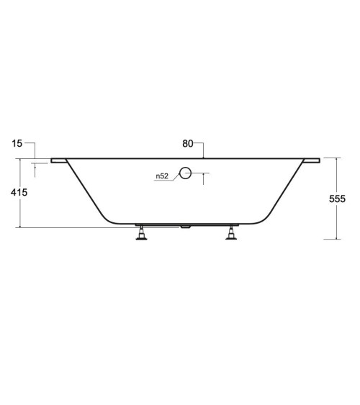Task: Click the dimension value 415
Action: click(x=19, y=192)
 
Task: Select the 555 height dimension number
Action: click(x=337, y=199)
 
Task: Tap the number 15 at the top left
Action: click(x=17, y=144)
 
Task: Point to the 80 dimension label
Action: click(x=188, y=144)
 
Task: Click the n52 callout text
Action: click(x=162, y=176)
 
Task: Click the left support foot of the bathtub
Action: click(x=141, y=233)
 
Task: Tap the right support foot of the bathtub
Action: click(x=231, y=233)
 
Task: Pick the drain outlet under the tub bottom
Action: click(x=186, y=227)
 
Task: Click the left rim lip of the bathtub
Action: click(x=58, y=160)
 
